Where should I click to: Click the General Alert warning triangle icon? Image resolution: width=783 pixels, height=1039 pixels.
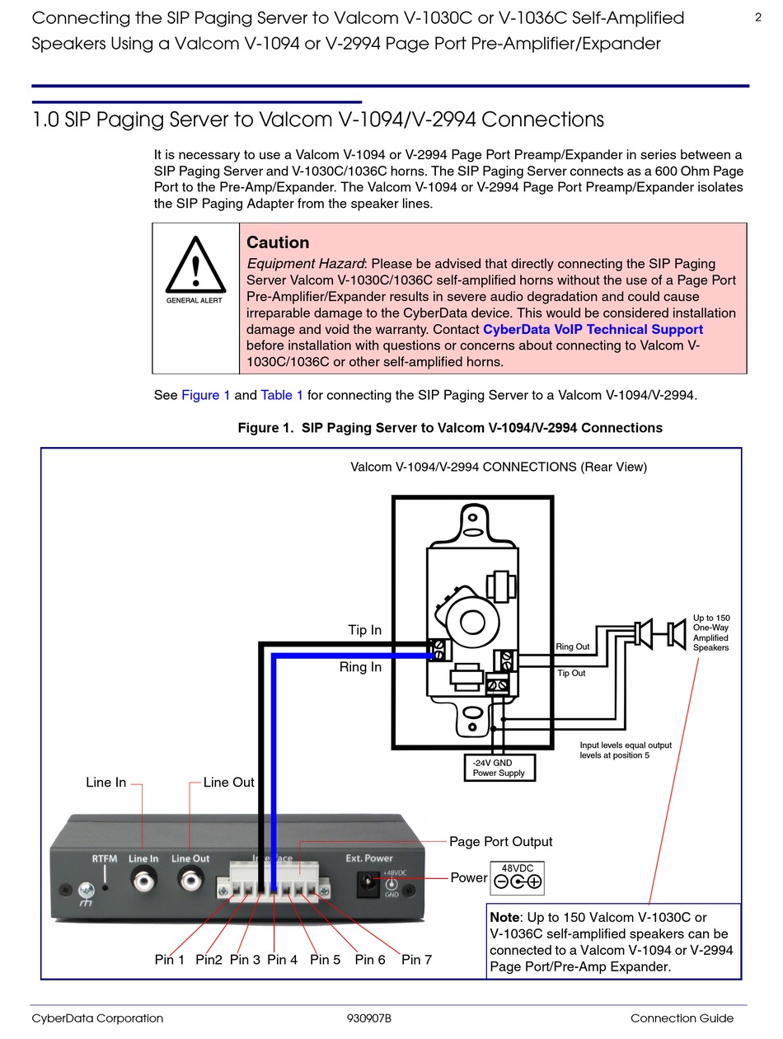coord(195,265)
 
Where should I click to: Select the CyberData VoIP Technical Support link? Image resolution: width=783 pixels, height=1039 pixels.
coord(593,329)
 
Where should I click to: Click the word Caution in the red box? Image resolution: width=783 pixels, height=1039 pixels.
coord(278,242)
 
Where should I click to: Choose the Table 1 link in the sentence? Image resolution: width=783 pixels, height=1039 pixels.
coord(282,395)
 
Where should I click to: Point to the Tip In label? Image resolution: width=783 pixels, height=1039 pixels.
coord(364,630)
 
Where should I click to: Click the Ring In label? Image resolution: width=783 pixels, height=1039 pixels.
coord(360,667)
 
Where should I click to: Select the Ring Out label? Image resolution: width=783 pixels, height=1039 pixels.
coord(573,647)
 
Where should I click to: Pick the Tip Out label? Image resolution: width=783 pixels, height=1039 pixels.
coord(571,674)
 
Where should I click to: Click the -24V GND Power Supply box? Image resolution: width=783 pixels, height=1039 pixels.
coord(499,768)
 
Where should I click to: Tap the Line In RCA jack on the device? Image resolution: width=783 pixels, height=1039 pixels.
coord(143,882)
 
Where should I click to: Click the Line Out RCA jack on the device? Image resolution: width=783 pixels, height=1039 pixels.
coord(191,882)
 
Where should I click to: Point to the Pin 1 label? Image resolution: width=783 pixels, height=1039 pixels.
coord(170,960)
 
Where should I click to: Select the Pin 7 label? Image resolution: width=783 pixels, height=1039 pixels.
coord(416,960)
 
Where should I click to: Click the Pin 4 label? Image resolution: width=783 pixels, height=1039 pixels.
coord(282,960)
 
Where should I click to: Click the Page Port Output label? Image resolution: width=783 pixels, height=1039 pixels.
coord(500,842)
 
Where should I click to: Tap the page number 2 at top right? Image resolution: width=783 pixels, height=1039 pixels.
coord(758,17)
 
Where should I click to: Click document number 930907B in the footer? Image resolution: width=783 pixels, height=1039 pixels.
coord(369,1018)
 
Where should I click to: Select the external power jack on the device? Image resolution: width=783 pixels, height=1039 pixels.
coord(363,885)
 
